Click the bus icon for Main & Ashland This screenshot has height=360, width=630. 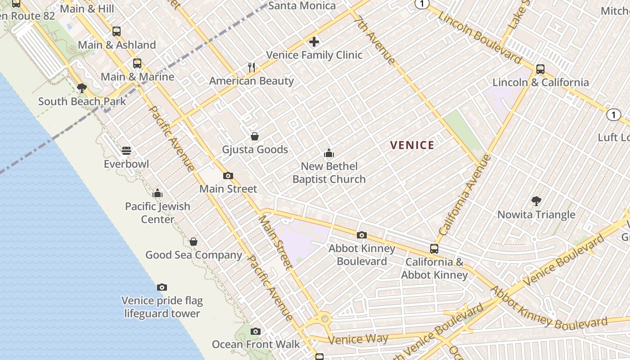(117, 31)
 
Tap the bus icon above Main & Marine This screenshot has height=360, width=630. (137, 63)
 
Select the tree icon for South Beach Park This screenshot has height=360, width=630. (82, 88)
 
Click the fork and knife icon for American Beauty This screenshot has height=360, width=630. (252, 67)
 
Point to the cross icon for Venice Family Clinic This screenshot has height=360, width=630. (314, 42)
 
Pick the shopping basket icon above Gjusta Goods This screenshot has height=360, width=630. (255, 136)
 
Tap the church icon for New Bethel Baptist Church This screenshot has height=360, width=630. (329, 153)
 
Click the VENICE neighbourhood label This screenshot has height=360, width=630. (412, 145)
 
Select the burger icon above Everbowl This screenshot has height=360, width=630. (126, 150)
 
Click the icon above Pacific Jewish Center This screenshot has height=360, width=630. (157, 193)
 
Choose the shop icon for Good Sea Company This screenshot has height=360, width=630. (193, 242)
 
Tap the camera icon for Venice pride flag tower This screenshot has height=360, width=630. (162, 287)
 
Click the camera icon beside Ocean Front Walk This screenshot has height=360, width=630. (256, 331)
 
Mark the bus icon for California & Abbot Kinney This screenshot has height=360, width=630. (434, 248)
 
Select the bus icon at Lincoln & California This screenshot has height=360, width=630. (540, 69)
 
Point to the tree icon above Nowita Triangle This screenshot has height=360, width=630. (536, 201)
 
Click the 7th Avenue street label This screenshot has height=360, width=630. (374, 40)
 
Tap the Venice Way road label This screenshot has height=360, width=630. (358, 339)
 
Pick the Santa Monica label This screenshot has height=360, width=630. (302, 6)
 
